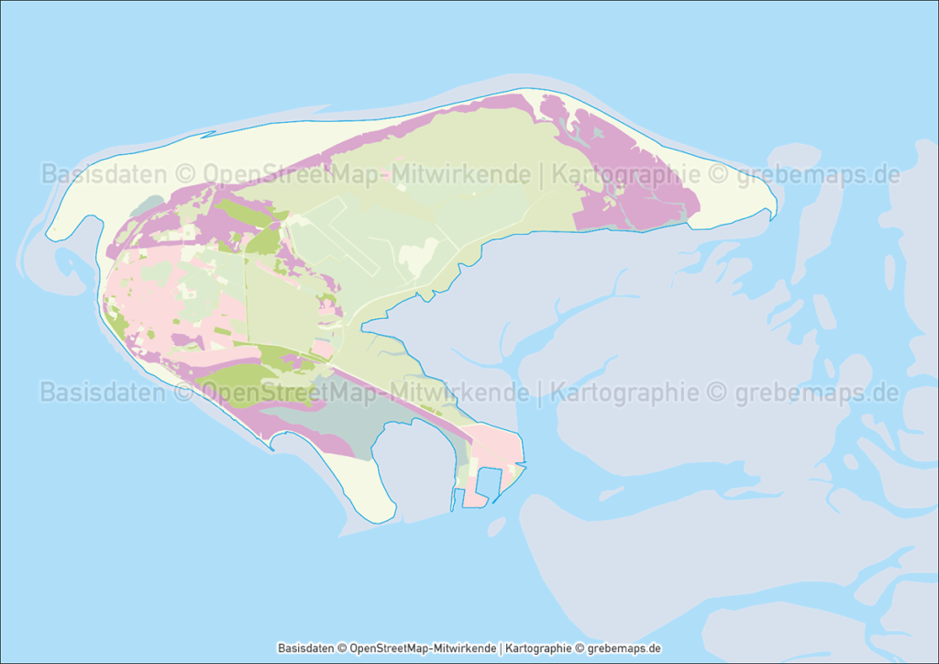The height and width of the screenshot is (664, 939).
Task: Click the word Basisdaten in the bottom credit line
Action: (x=305, y=648)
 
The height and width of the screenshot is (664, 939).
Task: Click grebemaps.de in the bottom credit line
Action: (x=623, y=648)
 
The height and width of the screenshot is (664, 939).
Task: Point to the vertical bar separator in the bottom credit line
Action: (x=502, y=648)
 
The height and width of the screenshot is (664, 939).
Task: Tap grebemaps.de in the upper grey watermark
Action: (x=818, y=174)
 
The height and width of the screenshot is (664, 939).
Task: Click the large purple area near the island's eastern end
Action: (x=633, y=183)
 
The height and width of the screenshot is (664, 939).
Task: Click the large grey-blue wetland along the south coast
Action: (x=339, y=422)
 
